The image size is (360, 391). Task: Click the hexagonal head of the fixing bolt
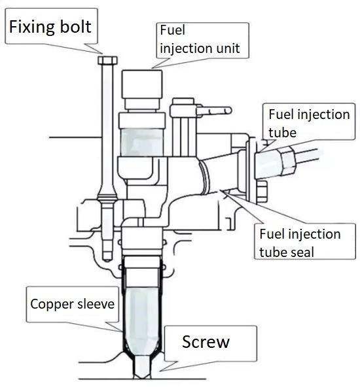click(107, 60)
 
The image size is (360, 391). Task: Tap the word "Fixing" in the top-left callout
click(31, 27)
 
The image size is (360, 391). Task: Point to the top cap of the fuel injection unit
click(142, 84)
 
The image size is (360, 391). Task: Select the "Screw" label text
click(206, 342)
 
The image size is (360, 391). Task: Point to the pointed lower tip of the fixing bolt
click(107, 259)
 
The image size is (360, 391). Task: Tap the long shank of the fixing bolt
click(107, 129)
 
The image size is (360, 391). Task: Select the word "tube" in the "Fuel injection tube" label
click(282, 133)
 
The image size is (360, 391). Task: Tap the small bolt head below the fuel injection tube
click(261, 192)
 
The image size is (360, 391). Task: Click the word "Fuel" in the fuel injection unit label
click(173, 30)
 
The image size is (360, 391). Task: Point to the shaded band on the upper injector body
click(142, 142)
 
